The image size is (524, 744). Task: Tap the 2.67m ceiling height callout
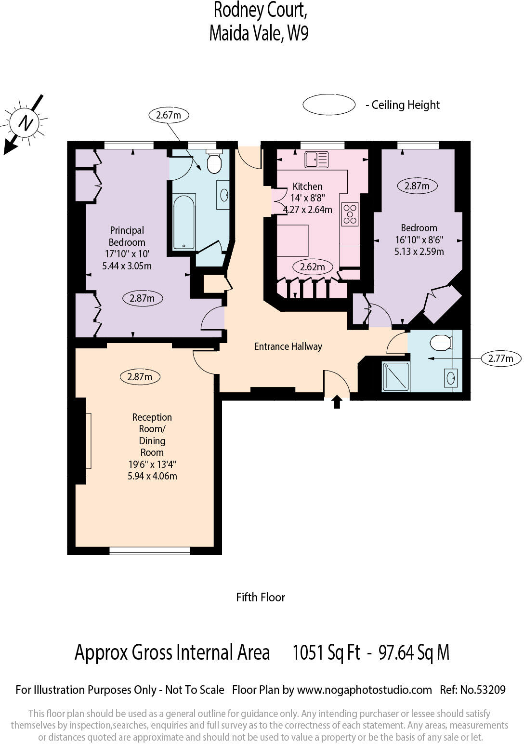point(168,115)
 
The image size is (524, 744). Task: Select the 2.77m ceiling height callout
point(501,358)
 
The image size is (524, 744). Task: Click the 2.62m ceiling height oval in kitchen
point(312,267)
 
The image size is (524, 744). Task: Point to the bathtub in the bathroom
point(183,222)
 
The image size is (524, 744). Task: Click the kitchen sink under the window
point(316,159)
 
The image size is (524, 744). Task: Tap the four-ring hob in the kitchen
point(350,214)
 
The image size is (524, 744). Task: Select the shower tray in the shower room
point(395,376)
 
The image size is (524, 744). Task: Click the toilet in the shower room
point(441,343)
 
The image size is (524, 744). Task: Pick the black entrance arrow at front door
point(337,401)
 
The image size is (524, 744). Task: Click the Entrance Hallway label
point(288,346)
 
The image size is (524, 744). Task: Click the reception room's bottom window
point(150,550)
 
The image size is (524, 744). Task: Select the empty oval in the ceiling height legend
point(329,105)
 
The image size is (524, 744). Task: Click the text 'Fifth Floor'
point(261,597)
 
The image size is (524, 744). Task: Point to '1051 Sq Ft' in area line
point(326,652)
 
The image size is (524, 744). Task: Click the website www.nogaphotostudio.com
point(364,690)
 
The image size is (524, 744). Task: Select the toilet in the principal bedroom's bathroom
point(213,162)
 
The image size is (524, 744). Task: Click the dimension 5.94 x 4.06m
point(152,476)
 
